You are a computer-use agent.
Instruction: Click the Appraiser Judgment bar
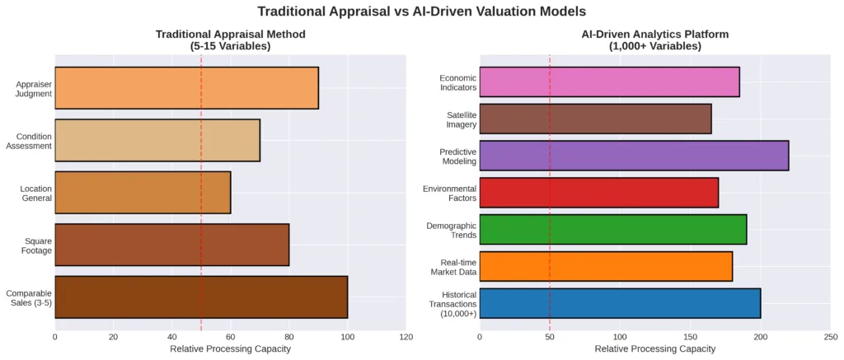[x=186, y=88]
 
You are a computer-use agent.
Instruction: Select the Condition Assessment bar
[x=157, y=140]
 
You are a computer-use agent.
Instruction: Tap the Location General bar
[x=143, y=192]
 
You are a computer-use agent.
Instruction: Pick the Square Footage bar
[x=171, y=244]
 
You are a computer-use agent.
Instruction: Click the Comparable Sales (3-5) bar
[x=201, y=297]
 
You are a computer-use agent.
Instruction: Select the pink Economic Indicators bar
[x=609, y=82]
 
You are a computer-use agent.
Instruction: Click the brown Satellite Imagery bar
[x=595, y=119]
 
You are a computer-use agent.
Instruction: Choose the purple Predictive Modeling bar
[x=634, y=155]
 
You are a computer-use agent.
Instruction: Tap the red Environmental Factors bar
[x=598, y=192]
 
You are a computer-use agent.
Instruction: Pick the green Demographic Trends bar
[x=612, y=229]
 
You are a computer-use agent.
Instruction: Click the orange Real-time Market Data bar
[x=606, y=266]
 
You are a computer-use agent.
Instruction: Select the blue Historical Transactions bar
[x=620, y=303]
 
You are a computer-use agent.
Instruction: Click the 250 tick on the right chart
[x=830, y=336]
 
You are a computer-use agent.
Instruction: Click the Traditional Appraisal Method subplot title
[x=231, y=40]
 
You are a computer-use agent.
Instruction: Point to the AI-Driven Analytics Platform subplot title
[x=655, y=40]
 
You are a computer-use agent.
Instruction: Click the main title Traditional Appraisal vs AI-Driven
[x=422, y=12]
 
